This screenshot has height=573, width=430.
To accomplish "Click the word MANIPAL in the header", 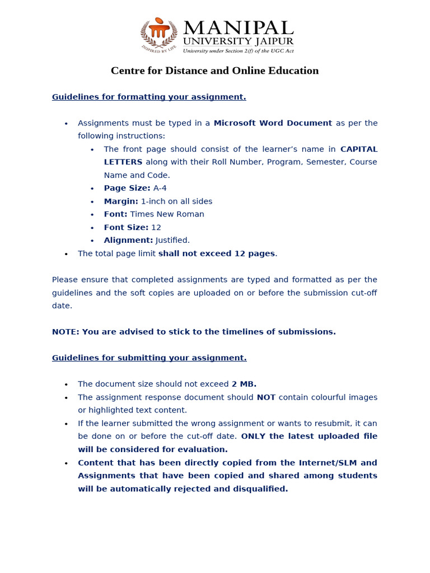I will [238, 28].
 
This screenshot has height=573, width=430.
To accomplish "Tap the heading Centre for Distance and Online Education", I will [214, 71].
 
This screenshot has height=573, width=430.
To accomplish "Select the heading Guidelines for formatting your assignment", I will [149, 97].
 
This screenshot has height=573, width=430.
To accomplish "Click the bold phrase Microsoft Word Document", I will [273, 123].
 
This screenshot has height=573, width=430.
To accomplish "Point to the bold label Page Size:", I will [127, 188].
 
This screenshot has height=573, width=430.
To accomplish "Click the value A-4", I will [160, 188].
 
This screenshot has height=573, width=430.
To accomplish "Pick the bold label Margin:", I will [121, 201].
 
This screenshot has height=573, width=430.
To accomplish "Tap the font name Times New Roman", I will [167, 214].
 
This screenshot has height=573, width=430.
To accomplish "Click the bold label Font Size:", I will [126, 227].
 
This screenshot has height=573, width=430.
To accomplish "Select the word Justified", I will [172, 241].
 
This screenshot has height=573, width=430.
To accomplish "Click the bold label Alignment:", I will [128, 241].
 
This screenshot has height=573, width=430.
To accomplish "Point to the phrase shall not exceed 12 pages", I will [217, 253].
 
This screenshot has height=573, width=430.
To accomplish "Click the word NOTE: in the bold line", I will [66, 332].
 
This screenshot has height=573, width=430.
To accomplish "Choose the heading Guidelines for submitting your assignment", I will [149, 358].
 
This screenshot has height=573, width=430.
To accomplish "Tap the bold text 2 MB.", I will [244, 384].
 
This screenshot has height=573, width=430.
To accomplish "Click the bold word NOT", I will [266, 397].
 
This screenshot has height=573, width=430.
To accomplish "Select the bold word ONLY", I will [254, 436].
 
